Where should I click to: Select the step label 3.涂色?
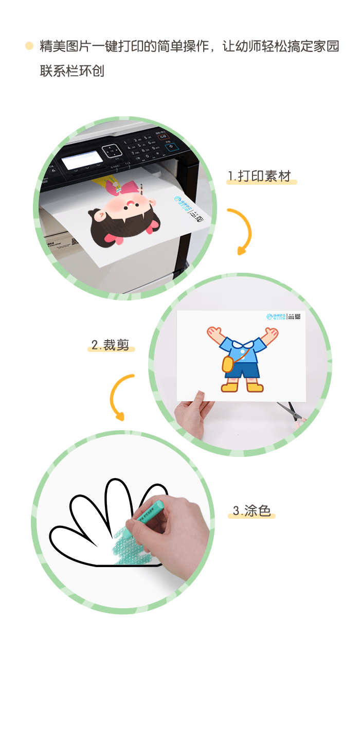251,510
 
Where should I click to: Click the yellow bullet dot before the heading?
29,46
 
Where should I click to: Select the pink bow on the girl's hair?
116,237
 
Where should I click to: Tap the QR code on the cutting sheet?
297,316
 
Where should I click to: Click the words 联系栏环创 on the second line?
72,71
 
